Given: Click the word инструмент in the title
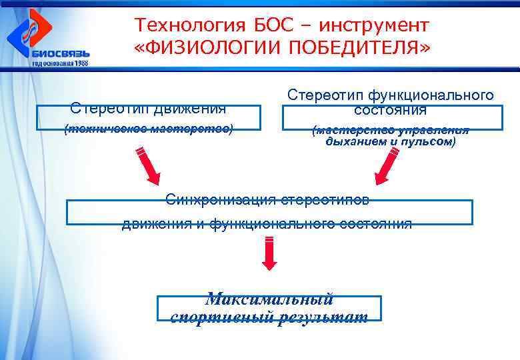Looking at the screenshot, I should (x=374, y=26).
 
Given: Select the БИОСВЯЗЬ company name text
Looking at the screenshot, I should (x=60, y=53).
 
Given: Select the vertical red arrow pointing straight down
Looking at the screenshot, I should (x=269, y=254).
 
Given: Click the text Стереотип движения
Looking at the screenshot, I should (x=148, y=107).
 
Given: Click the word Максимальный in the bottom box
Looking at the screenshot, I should (x=269, y=299).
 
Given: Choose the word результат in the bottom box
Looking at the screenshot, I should (x=327, y=317).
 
